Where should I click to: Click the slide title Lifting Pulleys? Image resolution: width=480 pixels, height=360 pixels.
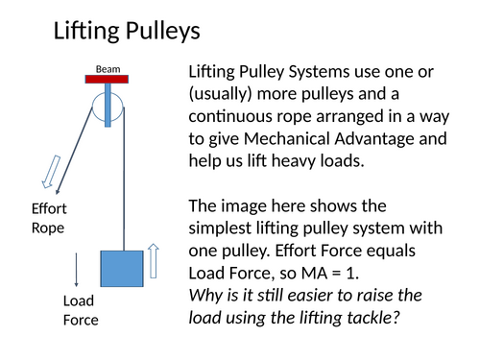pos(126,31)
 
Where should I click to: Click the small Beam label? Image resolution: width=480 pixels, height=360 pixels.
pos(107,68)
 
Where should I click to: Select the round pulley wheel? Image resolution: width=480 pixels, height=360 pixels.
pos(108,107)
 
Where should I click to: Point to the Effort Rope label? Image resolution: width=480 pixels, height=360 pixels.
pos(49,218)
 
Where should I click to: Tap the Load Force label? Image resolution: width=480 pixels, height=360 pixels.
pos(81,309)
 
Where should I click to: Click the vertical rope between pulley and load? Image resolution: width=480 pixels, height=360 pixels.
pos(124,182)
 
